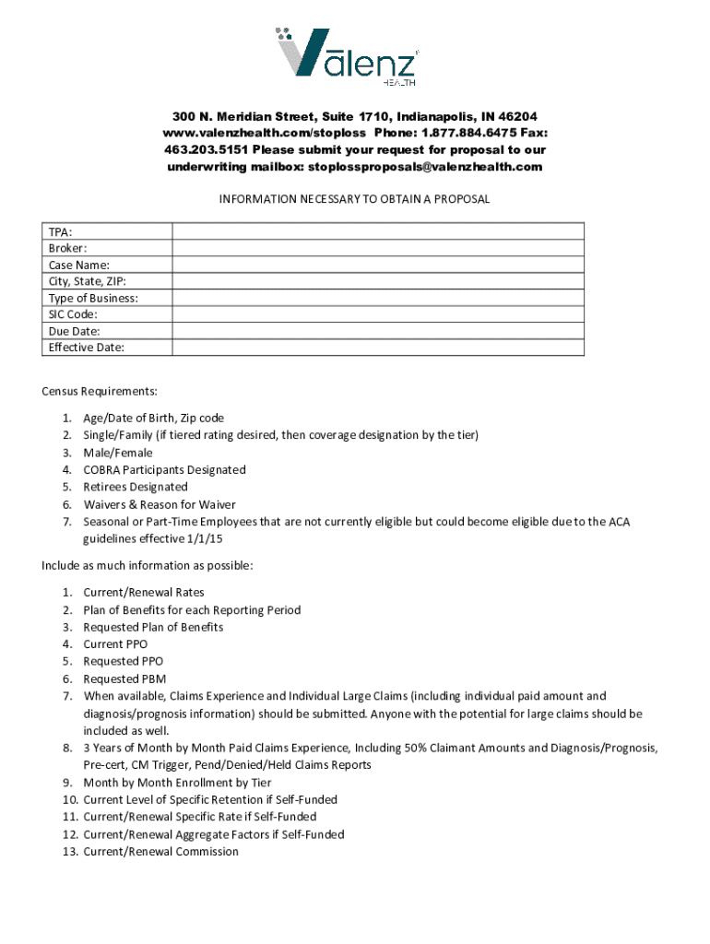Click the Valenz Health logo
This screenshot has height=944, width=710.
point(354,54)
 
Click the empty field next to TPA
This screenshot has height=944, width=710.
point(377,231)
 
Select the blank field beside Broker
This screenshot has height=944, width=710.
point(377,248)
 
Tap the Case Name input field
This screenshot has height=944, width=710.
point(377,265)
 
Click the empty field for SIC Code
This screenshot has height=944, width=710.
point(377,314)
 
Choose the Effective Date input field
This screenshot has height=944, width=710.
point(377,348)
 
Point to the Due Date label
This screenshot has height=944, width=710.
point(74,331)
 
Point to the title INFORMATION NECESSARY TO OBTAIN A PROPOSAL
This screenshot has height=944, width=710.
point(354,199)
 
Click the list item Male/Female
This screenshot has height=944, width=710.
point(118,453)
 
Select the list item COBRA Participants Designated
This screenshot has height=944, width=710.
point(164,469)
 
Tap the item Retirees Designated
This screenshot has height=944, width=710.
point(136,487)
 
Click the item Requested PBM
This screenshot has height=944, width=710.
point(124,678)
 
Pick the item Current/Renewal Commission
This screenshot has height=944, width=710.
point(160,852)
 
